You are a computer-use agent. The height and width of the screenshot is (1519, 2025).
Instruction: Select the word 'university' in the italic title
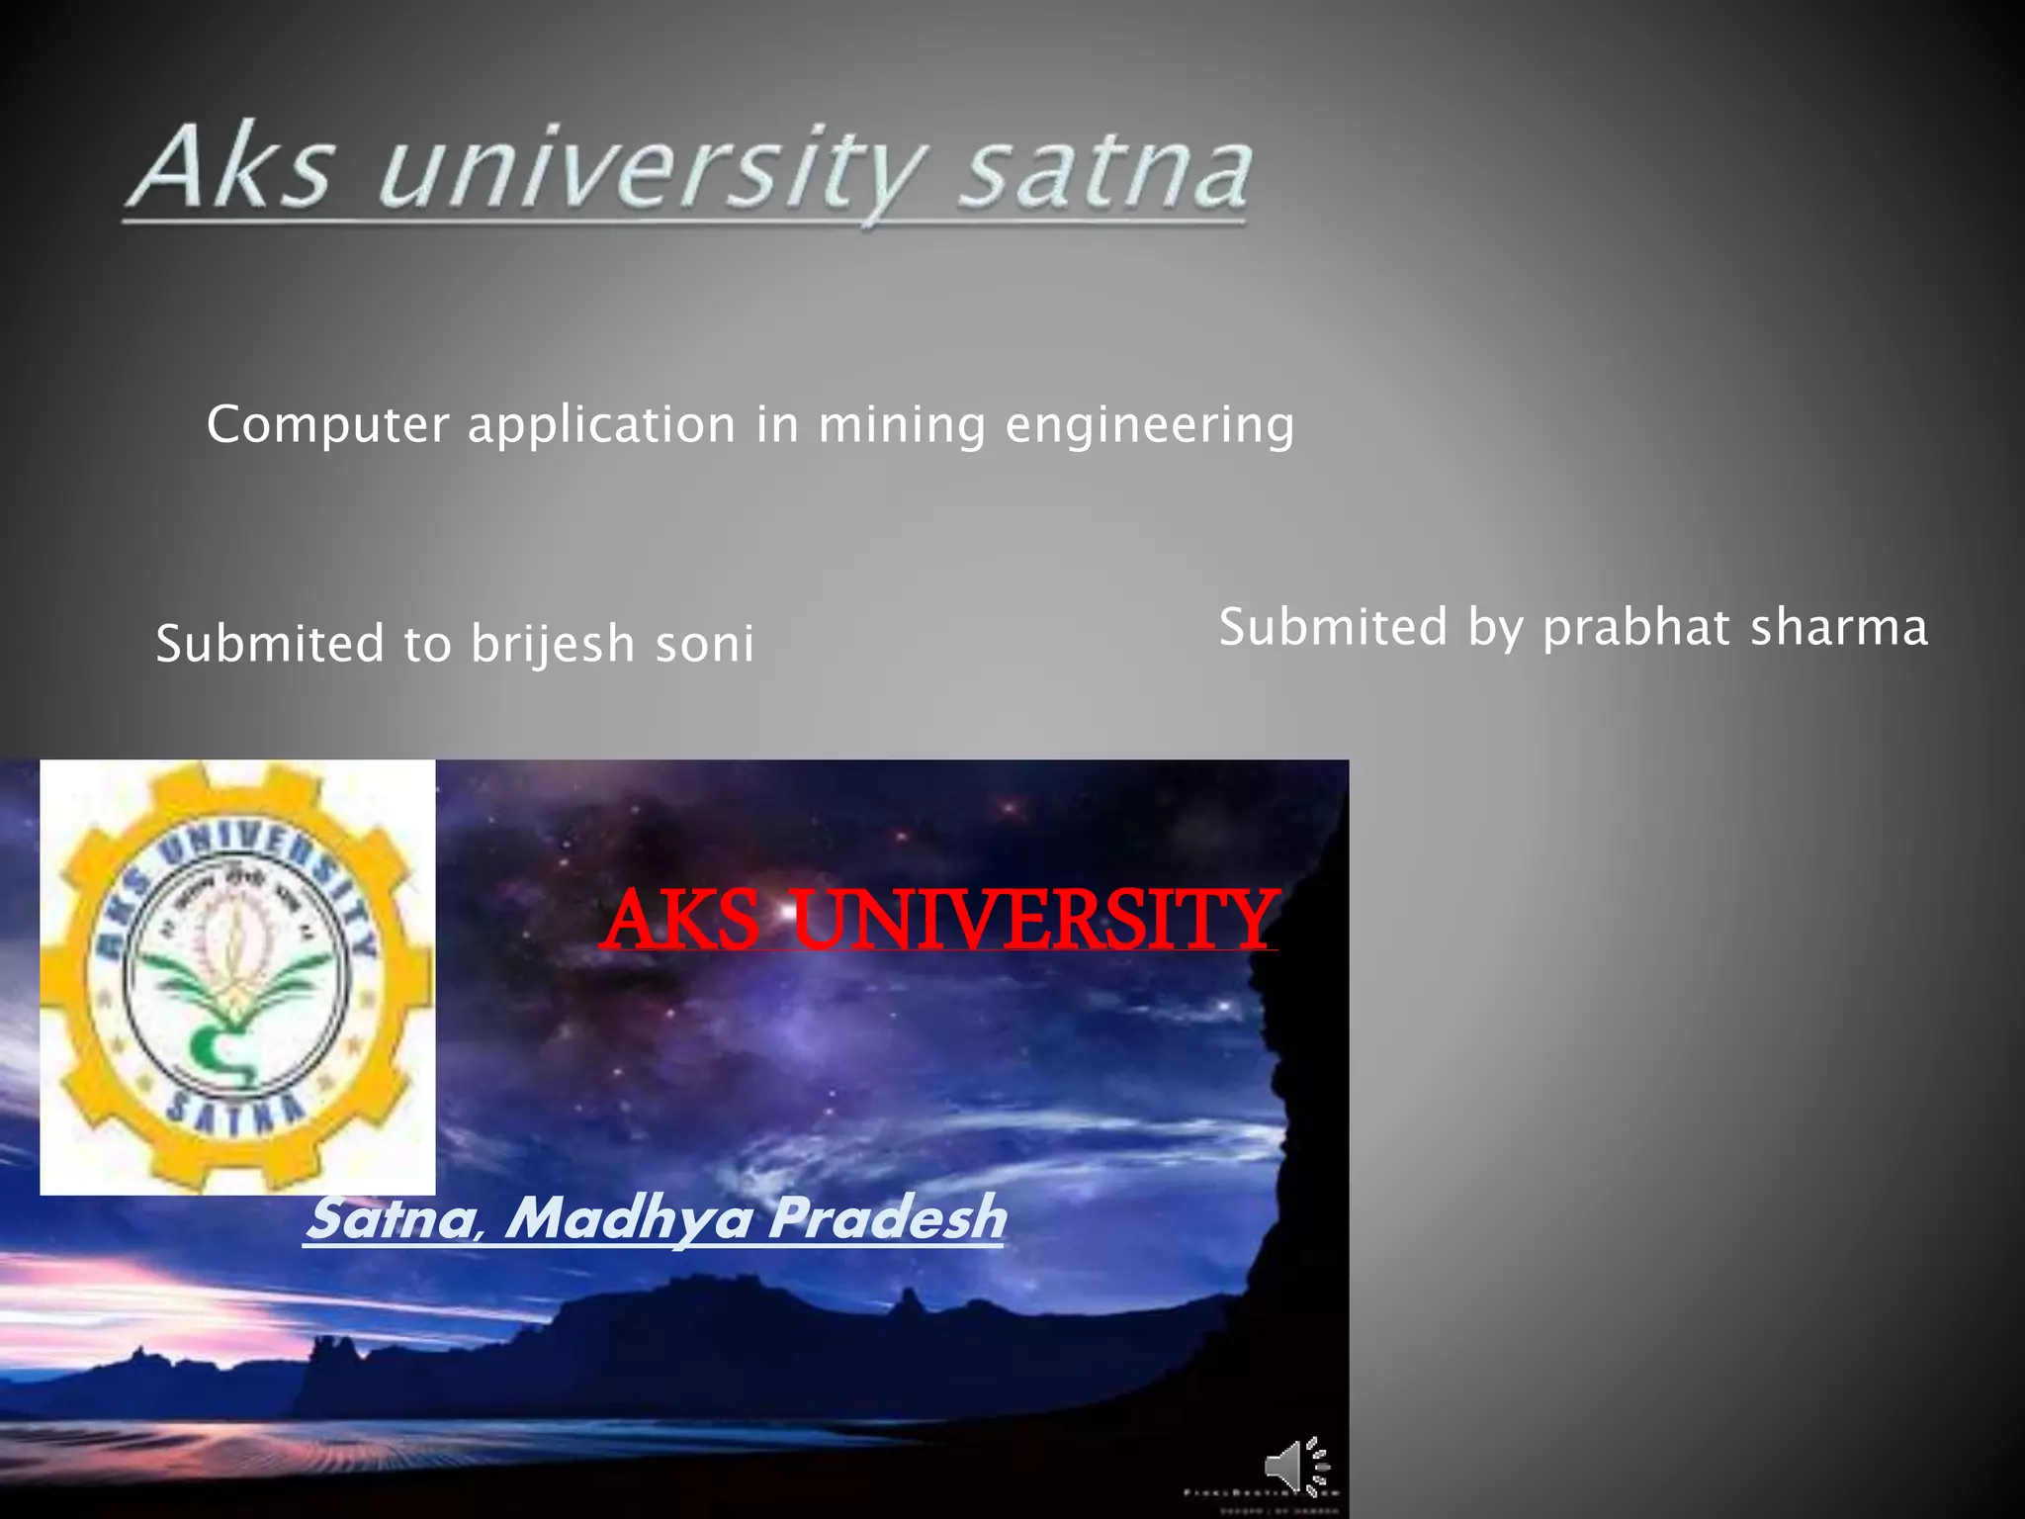[653, 170]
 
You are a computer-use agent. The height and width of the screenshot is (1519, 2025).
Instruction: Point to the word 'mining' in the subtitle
[901, 425]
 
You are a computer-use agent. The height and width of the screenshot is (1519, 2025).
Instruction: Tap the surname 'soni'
[705, 643]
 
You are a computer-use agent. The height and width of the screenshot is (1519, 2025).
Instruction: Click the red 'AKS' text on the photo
[681, 920]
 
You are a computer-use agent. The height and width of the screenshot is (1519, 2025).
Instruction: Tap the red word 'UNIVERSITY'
[1033, 920]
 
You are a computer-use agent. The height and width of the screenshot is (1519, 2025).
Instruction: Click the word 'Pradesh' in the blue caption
[887, 1216]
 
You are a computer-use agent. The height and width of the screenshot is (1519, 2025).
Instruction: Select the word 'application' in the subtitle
[602, 425]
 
